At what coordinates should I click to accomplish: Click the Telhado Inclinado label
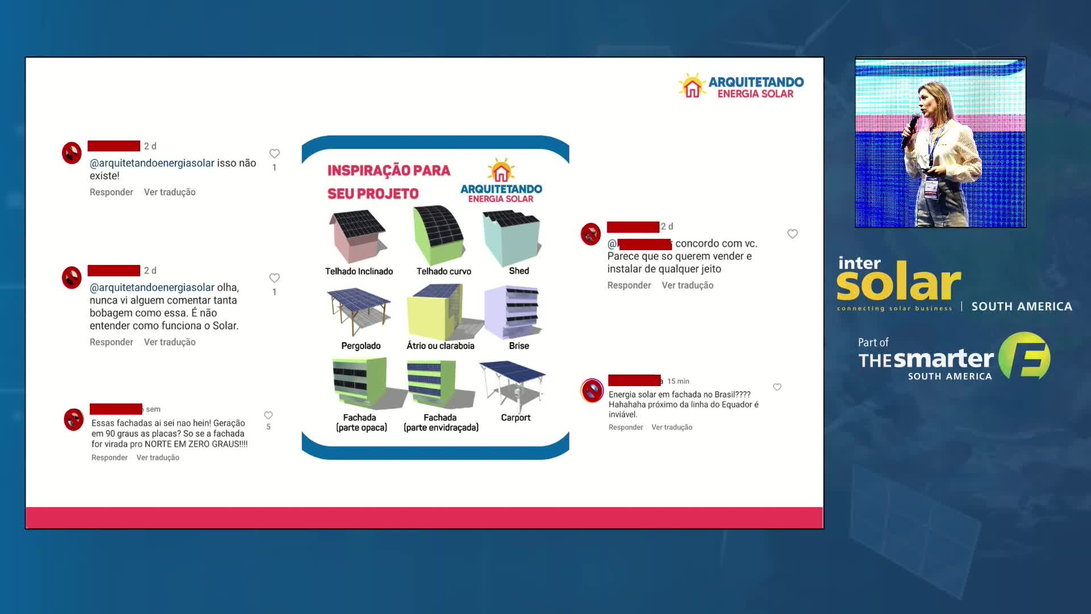[x=359, y=271]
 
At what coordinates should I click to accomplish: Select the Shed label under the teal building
[x=519, y=271]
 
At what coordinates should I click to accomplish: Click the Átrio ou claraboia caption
[x=440, y=346]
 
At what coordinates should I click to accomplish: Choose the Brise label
[x=519, y=346]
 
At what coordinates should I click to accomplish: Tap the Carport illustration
[x=513, y=384]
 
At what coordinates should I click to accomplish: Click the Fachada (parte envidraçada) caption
[x=441, y=422]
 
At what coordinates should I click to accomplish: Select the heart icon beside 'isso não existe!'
[x=274, y=153]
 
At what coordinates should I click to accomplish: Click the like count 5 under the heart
[x=269, y=427]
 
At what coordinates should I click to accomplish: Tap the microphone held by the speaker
[x=910, y=131]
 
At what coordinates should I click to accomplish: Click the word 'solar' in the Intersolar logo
[x=898, y=283]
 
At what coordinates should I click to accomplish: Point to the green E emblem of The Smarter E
[x=1025, y=356]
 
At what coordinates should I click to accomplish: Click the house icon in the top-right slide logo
[x=692, y=86]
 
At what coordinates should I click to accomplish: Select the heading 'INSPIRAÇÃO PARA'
[x=389, y=171]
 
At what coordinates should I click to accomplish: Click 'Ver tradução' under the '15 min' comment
[x=672, y=428]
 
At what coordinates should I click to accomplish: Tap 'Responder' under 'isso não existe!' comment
[x=111, y=192]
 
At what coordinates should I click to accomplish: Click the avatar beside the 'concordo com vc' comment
[x=590, y=234]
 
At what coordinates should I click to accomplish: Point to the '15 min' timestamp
[x=678, y=381]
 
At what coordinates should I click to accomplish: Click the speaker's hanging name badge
[x=931, y=186]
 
